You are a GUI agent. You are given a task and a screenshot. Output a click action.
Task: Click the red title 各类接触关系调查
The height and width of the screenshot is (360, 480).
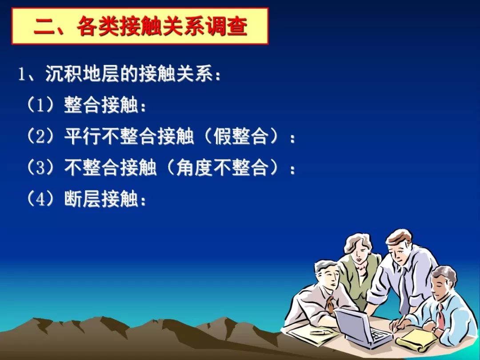[x=162, y=26]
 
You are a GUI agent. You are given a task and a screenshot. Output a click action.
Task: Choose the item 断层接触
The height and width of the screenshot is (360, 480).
[x=101, y=199]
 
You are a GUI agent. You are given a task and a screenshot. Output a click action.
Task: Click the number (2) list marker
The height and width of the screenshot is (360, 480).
[x=40, y=136]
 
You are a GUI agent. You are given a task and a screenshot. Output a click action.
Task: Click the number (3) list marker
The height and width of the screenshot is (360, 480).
[x=40, y=168]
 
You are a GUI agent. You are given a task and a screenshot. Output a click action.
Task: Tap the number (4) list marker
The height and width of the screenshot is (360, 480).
[x=40, y=199]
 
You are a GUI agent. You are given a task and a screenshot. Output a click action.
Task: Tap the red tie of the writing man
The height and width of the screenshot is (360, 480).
[x=440, y=317]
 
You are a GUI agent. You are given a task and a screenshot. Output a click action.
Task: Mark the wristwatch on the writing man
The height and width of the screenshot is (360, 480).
[x=434, y=330]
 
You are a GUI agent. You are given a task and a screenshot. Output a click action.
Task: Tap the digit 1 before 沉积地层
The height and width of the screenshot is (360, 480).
[x=21, y=74]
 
